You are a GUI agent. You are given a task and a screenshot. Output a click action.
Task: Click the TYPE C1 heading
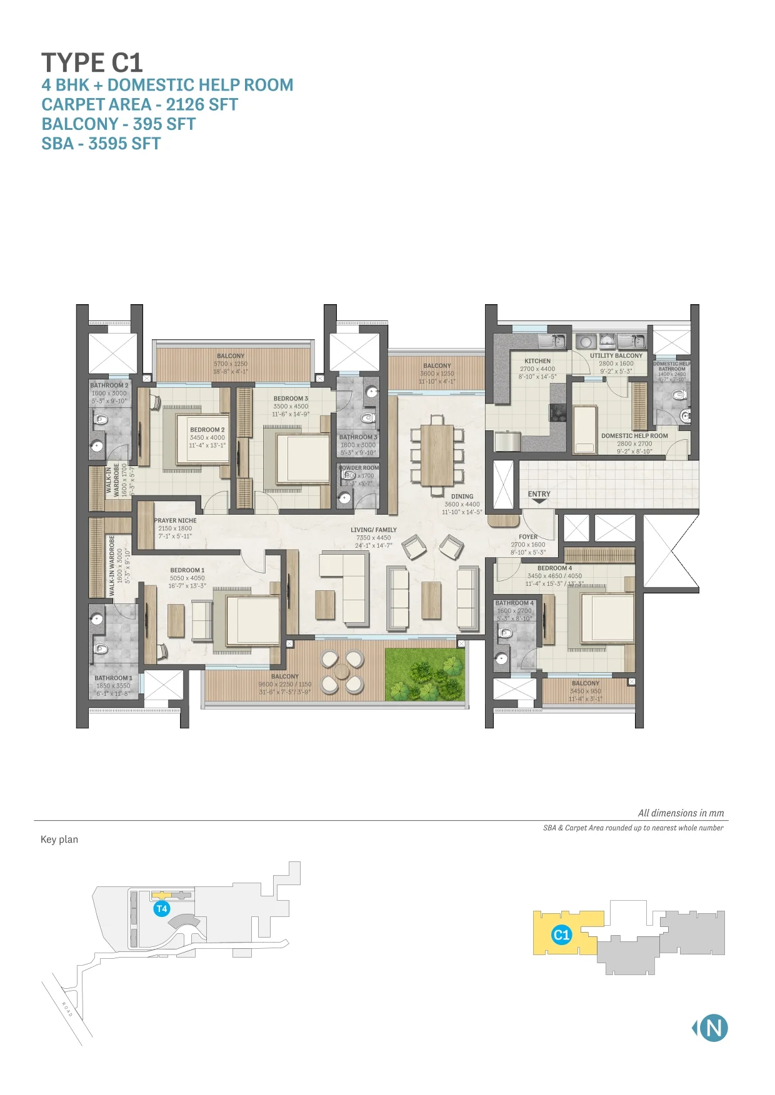click(x=92, y=62)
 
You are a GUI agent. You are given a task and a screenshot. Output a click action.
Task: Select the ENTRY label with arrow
click(x=539, y=495)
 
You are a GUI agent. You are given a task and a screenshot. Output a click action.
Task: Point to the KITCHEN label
click(x=537, y=361)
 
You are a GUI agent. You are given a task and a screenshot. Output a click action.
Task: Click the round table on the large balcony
click(x=342, y=671)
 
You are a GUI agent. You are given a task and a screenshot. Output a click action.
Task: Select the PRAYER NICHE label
click(x=176, y=520)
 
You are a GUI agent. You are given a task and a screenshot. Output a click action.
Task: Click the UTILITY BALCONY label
click(x=616, y=355)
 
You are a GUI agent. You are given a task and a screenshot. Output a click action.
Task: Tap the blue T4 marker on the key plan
click(x=162, y=909)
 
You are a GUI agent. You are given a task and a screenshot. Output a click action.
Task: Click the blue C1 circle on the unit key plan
click(x=561, y=935)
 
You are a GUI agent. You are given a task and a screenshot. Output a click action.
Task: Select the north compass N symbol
click(x=713, y=1028)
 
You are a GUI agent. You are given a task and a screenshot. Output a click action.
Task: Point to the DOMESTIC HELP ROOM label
click(x=634, y=436)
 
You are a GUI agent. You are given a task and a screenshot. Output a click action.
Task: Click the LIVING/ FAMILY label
click(x=374, y=530)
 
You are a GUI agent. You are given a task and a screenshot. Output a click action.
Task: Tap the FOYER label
click(x=528, y=537)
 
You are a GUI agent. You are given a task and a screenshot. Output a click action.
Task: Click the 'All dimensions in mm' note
click(x=681, y=813)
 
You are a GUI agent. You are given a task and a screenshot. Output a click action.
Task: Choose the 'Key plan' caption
click(x=59, y=840)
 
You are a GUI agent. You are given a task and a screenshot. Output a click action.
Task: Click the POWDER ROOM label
click(x=359, y=467)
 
